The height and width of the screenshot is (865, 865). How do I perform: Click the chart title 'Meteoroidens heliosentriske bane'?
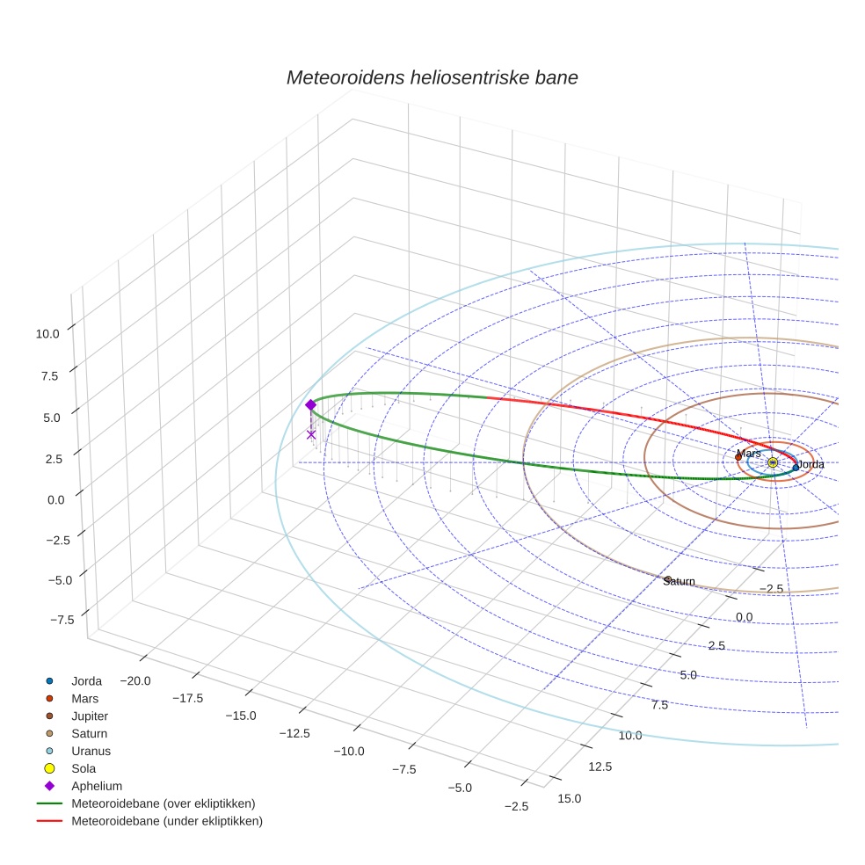pyautogui.click(x=432, y=77)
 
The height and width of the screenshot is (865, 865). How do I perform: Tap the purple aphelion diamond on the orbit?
pyautogui.click(x=310, y=404)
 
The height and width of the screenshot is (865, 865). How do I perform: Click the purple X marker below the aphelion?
pyautogui.click(x=310, y=434)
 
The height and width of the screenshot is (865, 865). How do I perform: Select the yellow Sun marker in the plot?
pyautogui.click(x=773, y=462)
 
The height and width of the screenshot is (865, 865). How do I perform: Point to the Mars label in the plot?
pyautogui.click(x=749, y=454)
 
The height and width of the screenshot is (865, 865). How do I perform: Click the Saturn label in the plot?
pyautogui.click(x=680, y=582)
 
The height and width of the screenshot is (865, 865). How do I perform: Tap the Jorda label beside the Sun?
pyautogui.click(x=810, y=464)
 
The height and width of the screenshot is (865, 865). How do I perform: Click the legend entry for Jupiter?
pyautogui.click(x=90, y=716)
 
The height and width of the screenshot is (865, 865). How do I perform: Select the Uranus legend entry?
pyautogui.click(x=91, y=751)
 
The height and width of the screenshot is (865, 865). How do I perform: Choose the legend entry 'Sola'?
pyautogui.click(x=84, y=768)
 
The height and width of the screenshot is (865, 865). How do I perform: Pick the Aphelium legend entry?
pyautogui.click(x=97, y=786)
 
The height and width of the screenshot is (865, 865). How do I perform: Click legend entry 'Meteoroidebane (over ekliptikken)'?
pyautogui.click(x=163, y=803)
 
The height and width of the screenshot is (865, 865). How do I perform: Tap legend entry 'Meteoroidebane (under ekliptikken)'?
pyautogui.click(x=166, y=821)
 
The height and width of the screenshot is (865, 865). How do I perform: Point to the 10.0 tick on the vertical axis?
pyautogui.click(x=47, y=334)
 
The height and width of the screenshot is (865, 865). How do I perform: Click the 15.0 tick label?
pyautogui.click(x=570, y=798)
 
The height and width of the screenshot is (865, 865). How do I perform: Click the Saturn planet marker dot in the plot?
pyautogui.click(x=668, y=579)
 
